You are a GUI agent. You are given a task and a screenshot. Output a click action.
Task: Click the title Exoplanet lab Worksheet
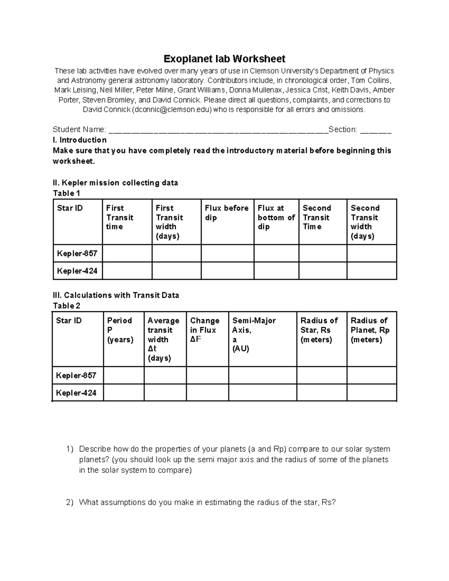[224, 59]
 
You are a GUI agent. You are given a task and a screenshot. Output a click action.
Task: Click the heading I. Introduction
[80, 140]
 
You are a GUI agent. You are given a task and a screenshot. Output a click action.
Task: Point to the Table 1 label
[67, 193]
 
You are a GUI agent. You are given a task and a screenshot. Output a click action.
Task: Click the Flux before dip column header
[227, 213]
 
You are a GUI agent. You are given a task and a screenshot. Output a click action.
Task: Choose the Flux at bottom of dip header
[276, 217]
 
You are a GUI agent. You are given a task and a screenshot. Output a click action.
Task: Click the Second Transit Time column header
[317, 217]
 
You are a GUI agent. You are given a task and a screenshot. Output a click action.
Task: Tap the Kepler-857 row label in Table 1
[77, 254]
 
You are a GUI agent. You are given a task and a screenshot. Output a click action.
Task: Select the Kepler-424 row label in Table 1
[77, 271]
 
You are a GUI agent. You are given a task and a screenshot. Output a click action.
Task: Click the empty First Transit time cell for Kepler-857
[127, 254]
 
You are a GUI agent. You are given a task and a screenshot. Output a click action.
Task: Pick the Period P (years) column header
[120, 330]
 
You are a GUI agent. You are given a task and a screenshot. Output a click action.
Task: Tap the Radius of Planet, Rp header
[370, 330]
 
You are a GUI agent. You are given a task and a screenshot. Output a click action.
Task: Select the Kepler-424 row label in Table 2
[76, 393]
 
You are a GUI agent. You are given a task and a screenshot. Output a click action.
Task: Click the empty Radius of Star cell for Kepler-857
[322, 375]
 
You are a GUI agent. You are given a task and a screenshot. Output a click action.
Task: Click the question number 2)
[70, 502]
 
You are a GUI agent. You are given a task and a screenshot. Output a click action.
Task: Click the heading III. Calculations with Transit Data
[116, 295]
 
